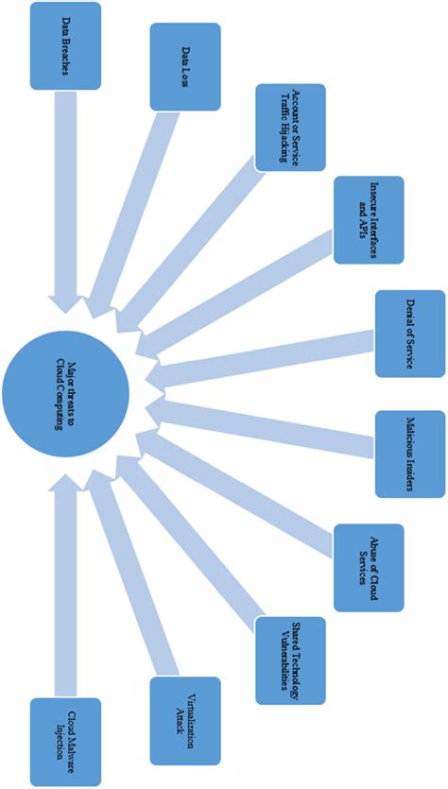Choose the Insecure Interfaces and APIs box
point(369,219)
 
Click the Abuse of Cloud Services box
point(369,567)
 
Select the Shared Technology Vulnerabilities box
point(290,660)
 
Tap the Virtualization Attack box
point(185,721)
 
